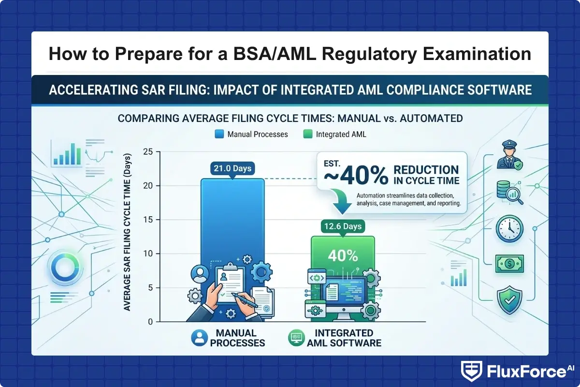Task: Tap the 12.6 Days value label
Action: point(343,226)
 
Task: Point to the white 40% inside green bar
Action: point(343,255)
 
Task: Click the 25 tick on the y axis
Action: point(148,152)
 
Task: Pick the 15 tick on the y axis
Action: point(148,220)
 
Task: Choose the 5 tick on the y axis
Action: point(150,288)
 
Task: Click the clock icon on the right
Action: point(509,228)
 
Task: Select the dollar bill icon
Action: point(509,263)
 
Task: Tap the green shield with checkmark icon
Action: point(509,300)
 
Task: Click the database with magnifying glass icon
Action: point(509,192)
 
